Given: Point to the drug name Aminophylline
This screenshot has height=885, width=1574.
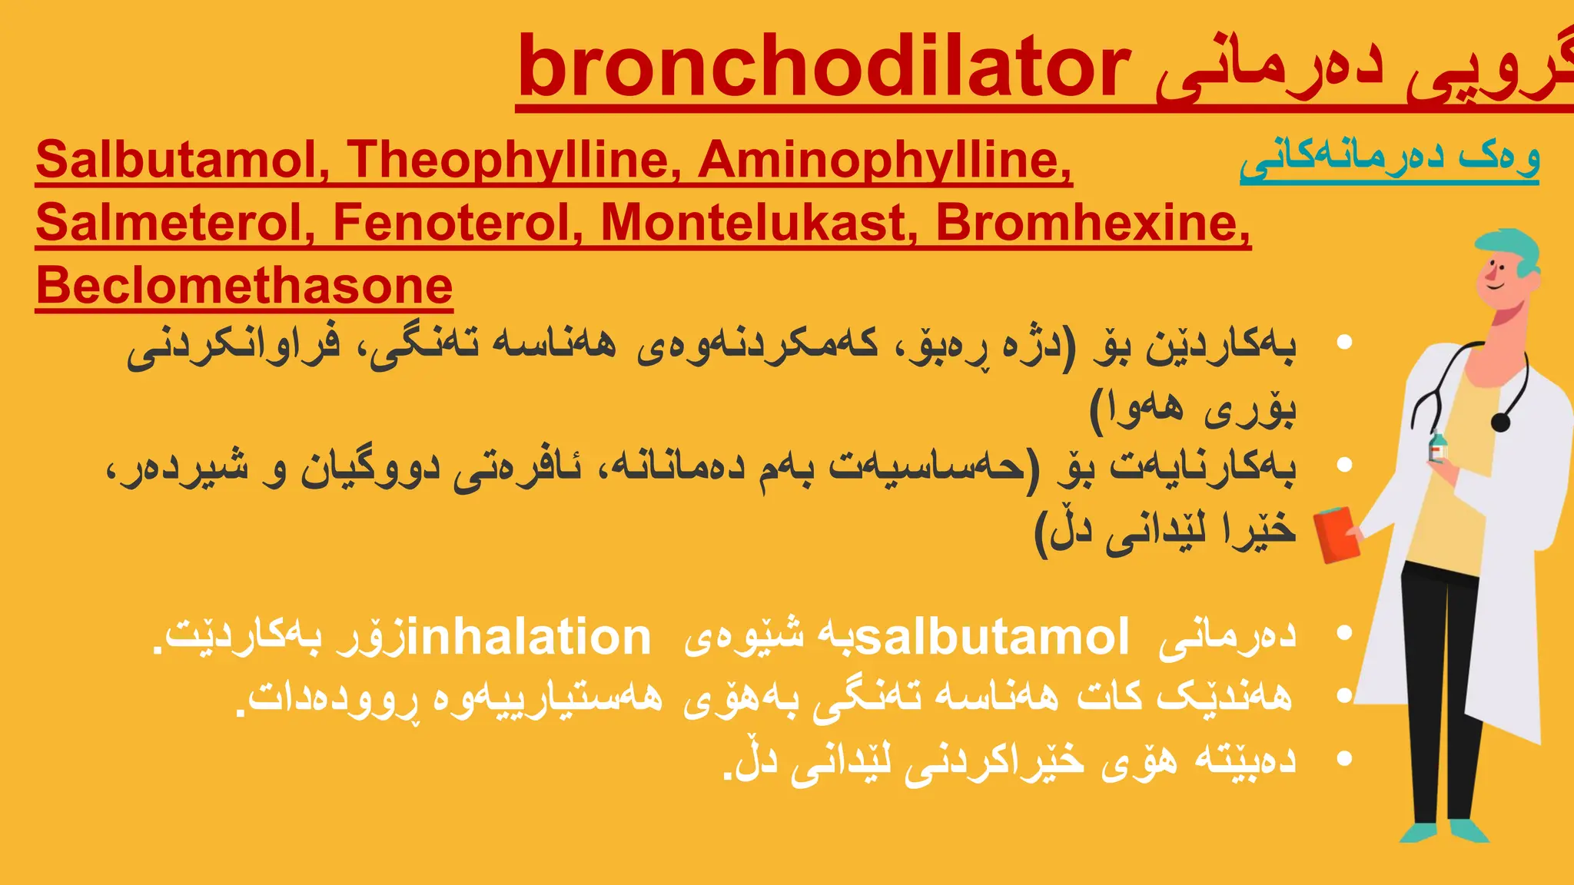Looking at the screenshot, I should point(885,160).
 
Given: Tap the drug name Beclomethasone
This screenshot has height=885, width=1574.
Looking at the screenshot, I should point(244,286).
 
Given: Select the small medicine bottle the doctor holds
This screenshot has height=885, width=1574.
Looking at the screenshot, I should point(1437,447).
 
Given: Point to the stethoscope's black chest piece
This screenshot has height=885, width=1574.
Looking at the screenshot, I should point(1500,422).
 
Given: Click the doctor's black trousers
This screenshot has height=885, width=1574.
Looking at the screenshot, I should point(1441,691).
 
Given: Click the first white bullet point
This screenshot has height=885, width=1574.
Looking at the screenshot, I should point(1344,343).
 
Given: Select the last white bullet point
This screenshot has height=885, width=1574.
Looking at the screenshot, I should point(1344,759).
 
